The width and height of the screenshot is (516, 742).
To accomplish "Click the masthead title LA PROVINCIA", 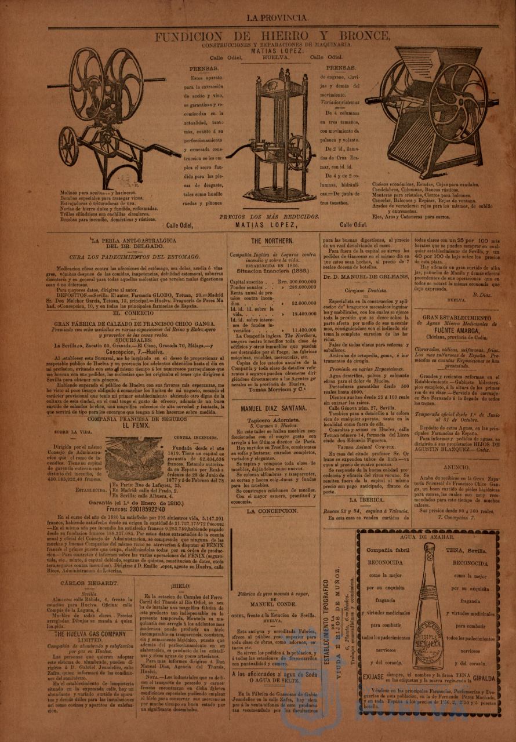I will pyautogui.click(x=278, y=18).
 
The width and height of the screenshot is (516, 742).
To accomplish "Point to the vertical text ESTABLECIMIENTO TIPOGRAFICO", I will pyautogui.click(x=326, y=609).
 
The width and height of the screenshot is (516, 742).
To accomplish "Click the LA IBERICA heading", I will pyautogui.click(x=362, y=499).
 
